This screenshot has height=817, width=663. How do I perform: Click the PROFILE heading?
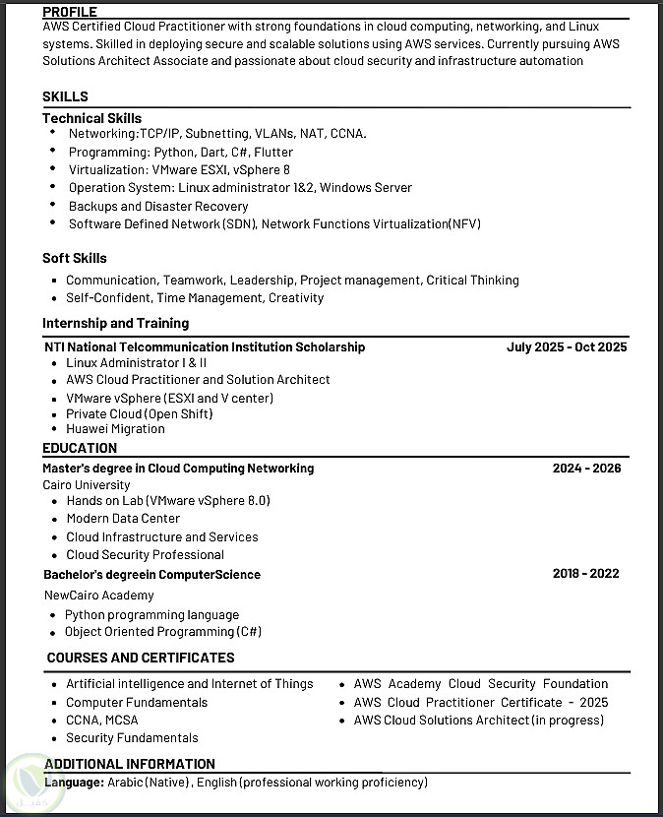(x=70, y=12)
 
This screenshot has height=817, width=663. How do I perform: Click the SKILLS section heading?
(x=65, y=96)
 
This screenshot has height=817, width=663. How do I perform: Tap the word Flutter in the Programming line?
(x=273, y=152)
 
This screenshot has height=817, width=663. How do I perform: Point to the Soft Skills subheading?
(x=75, y=258)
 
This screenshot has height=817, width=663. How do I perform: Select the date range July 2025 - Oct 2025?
(x=567, y=346)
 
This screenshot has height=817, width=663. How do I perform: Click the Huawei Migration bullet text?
(x=115, y=429)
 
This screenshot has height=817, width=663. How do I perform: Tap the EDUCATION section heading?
(x=80, y=448)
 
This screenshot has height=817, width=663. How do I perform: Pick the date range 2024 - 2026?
(x=586, y=469)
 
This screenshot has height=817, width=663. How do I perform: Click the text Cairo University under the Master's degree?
(x=87, y=485)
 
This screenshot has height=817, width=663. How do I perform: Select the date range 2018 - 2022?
(x=585, y=574)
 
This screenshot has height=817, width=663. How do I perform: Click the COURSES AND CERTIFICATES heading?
(x=141, y=658)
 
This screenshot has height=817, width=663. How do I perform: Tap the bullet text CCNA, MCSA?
(x=102, y=721)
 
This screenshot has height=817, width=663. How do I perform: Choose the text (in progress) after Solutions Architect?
(x=568, y=721)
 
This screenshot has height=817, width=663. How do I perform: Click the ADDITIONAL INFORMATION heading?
(x=129, y=764)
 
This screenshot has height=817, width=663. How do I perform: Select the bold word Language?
(x=74, y=783)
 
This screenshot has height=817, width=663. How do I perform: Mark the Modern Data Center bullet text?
(x=123, y=519)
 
